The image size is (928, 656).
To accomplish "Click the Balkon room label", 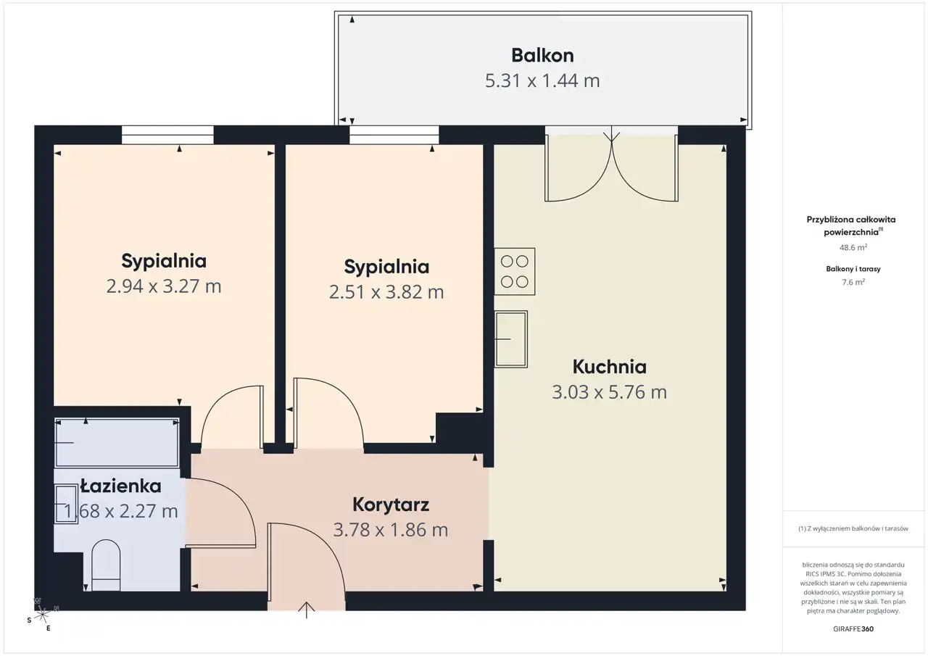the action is (542, 56).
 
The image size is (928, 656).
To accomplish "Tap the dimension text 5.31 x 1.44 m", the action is (542, 80).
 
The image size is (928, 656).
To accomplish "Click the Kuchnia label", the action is (610, 367).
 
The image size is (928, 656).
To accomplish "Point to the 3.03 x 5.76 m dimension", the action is (610, 391).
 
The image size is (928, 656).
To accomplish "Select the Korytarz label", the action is (391, 505).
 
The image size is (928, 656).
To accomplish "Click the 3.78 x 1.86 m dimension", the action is (391, 530).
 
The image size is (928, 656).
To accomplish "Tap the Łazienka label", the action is (120, 486).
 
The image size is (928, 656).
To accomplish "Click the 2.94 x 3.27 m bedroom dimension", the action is (164, 286).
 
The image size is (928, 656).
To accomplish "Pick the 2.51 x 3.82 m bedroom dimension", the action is (386, 292).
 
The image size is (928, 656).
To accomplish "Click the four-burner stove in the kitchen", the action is (515, 272).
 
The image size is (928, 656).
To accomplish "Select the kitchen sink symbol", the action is (511, 339).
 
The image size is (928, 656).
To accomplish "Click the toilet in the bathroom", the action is (106, 565).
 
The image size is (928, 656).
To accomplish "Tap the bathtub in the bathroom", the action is (117, 443).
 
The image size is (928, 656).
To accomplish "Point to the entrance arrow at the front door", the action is (306, 610).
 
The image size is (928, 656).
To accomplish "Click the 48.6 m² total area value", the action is (853, 248).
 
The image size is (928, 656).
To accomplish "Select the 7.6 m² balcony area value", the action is (853, 283).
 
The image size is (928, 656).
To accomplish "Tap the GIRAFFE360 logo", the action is (853, 628).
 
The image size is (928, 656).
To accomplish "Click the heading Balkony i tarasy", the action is (853, 269).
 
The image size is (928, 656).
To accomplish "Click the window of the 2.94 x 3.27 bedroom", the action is (167, 135).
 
